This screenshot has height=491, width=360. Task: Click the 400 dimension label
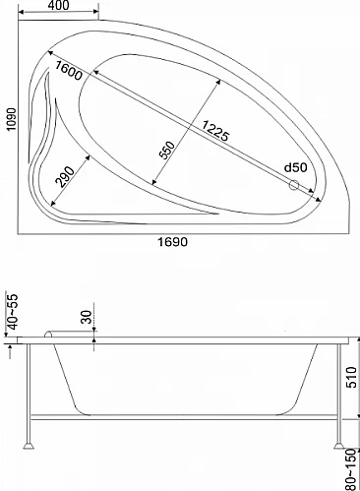click(x=59, y=5)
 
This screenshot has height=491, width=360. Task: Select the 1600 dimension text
click(x=68, y=71)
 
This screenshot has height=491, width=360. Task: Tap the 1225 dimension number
click(x=215, y=131)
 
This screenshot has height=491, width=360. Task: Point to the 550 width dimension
click(x=167, y=151)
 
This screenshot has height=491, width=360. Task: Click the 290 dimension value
click(x=65, y=177)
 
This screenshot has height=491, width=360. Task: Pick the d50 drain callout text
click(x=296, y=167)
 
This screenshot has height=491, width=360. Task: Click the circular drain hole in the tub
click(x=294, y=185)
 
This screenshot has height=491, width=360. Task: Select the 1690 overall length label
click(x=173, y=242)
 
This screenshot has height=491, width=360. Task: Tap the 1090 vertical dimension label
click(x=12, y=119)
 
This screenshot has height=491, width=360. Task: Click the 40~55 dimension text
click(x=12, y=312)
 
